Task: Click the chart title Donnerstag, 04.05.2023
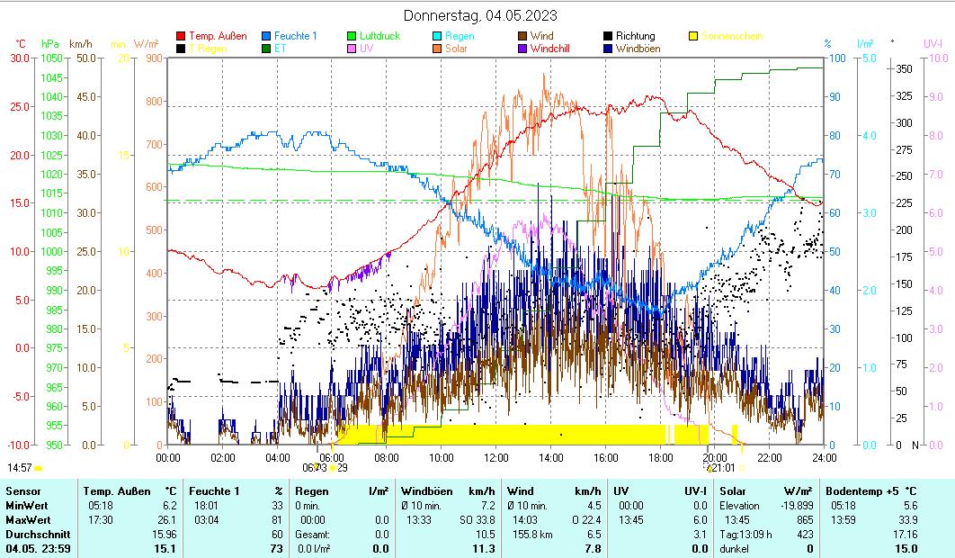pos(479,15)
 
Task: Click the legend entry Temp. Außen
pos(218,36)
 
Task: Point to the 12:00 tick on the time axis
pos(496,457)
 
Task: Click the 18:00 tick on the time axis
pos(660,457)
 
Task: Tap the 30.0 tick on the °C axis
pos(19,58)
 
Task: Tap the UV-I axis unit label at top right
pos(933,43)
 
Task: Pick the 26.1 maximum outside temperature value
pos(168,519)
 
